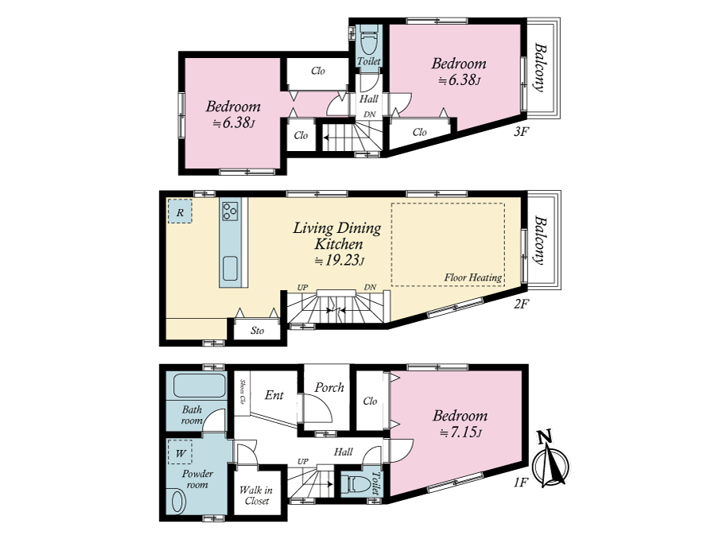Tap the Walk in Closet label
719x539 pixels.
(256, 495)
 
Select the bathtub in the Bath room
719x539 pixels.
(200, 386)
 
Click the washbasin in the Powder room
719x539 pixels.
(177, 501)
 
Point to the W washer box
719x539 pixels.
(180, 452)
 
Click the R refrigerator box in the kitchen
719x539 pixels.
(180, 211)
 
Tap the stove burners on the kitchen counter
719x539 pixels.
(230, 211)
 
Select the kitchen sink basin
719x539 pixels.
(230, 268)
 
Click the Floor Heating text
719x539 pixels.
(472, 277)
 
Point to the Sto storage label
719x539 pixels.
(257, 331)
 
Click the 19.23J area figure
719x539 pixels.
(340, 261)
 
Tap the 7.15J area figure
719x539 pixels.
(461, 432)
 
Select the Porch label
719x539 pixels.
(329, 388)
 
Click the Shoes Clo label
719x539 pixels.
(242, 392)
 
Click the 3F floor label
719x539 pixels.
(522, 132)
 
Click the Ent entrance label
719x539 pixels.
(274, 395)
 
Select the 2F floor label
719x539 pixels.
(522, 304)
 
